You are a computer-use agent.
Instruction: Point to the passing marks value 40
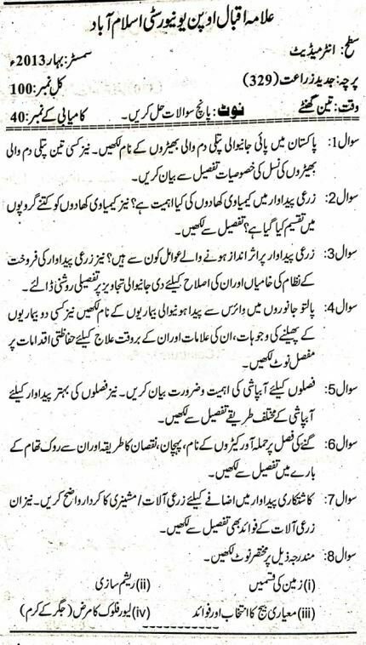(x=24, y=112)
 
